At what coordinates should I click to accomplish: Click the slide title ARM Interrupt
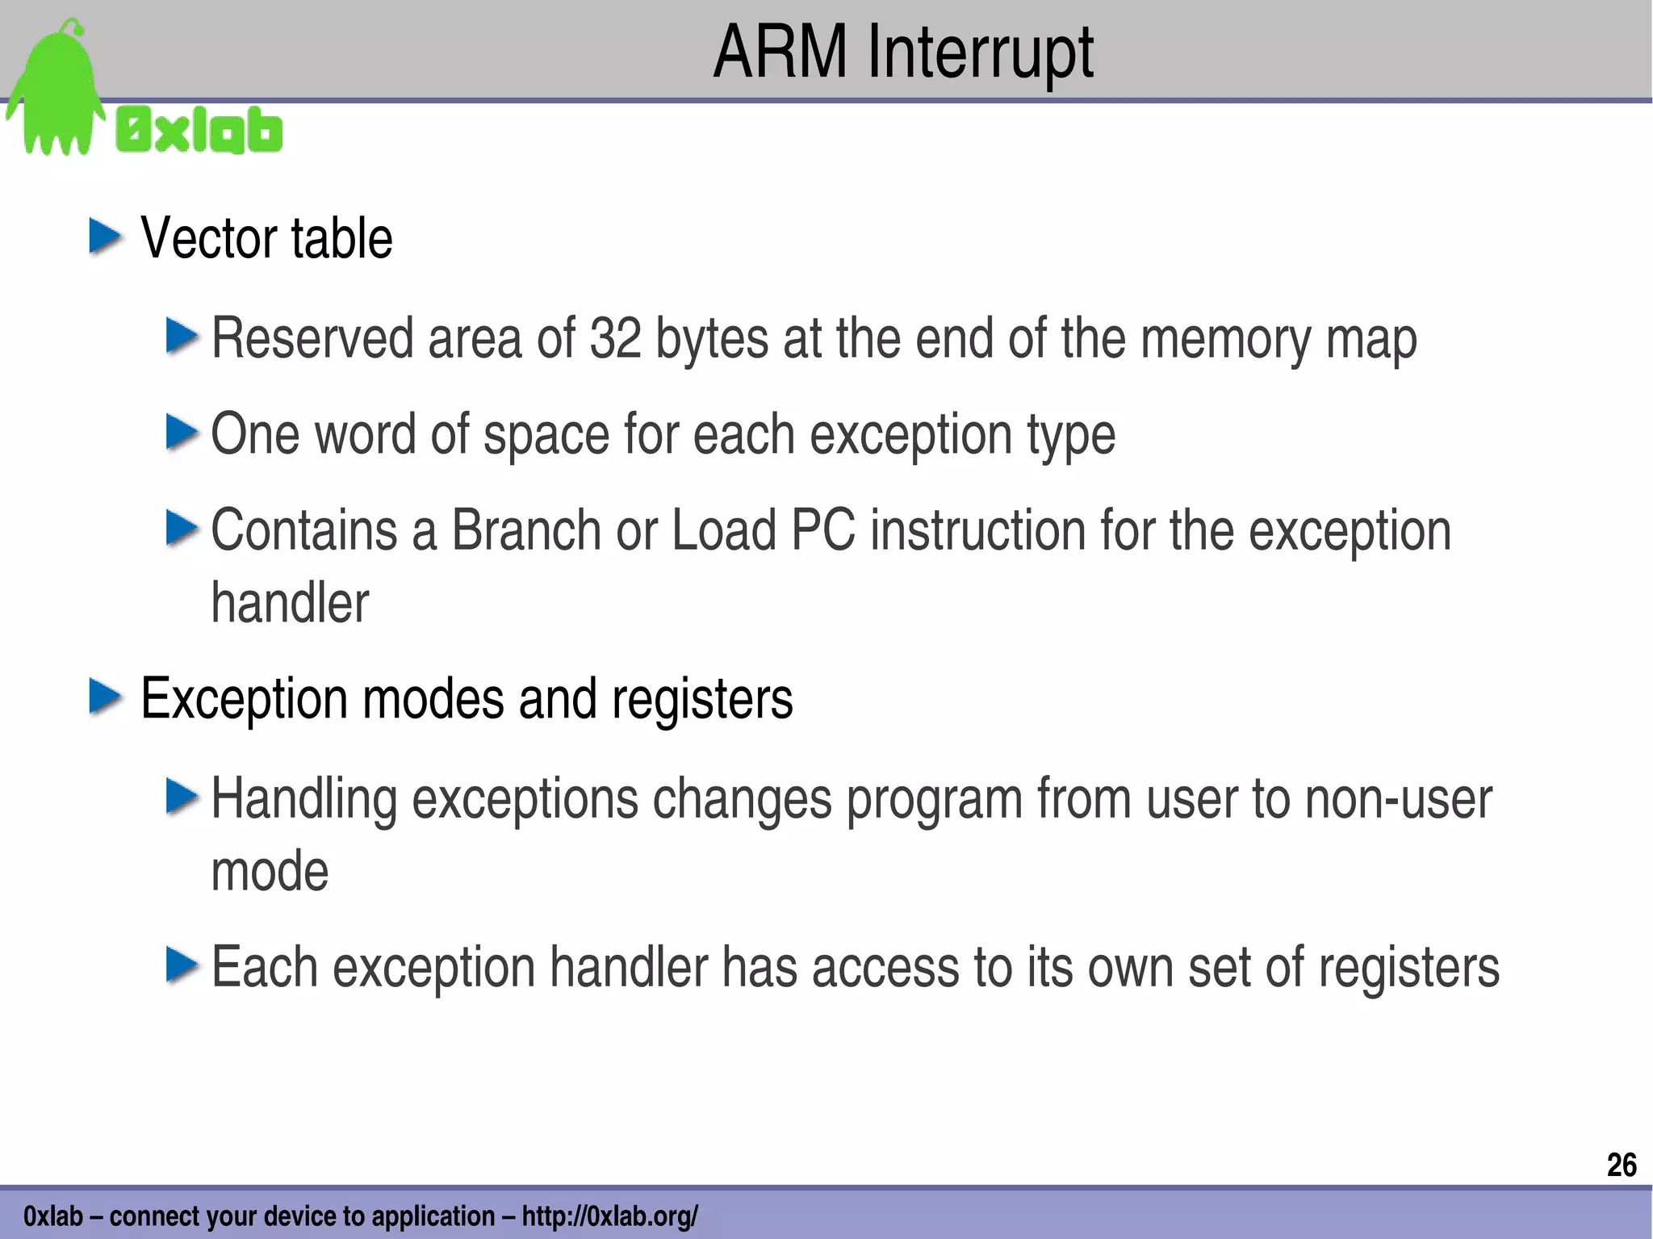(x=903, y=53)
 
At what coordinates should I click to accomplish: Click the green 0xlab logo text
(x=199, y=131)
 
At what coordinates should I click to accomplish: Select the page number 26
(x=1621, y=1166)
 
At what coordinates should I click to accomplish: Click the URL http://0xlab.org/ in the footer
(x=609, y=1216)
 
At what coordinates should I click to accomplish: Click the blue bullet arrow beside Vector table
(x=106, y=237)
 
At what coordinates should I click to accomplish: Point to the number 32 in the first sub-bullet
(x=615, y=338)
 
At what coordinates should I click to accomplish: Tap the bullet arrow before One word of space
(x=182, y=433)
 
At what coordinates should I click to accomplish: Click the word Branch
(x=525, y=530)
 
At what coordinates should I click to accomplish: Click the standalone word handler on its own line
(x=290, y=603)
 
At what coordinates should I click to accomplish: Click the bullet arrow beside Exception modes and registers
(x=106, y=697)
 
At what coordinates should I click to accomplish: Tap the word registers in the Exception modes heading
(x=702, y=698)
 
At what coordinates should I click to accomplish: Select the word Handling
(x=304, y=799)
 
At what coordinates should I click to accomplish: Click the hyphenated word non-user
(x=1398, y=799)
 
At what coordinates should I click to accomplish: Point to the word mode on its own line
(x=270, y=872)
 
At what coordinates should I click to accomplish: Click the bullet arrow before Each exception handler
(x=182, y=965)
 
